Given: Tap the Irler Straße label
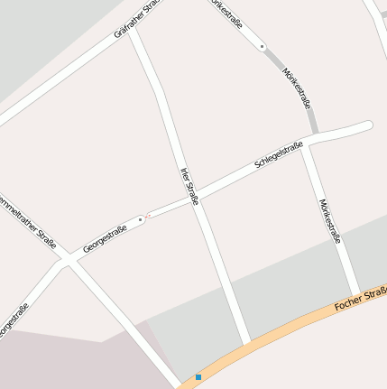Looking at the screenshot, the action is click(x=189, y=186).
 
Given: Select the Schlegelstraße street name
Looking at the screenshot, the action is click(x=279, y=155).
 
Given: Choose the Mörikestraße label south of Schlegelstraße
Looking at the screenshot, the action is click(x=330, y=221).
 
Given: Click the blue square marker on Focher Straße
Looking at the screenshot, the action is click(x=198, y=376).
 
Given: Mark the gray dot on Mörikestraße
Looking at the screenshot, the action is click(x=262, y=45).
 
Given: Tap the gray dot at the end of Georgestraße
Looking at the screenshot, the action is click(x=141, y=218).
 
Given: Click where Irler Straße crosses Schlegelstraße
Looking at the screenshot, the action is click(x=196, y=198).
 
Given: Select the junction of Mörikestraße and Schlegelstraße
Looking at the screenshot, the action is click(x=306, y=144).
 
